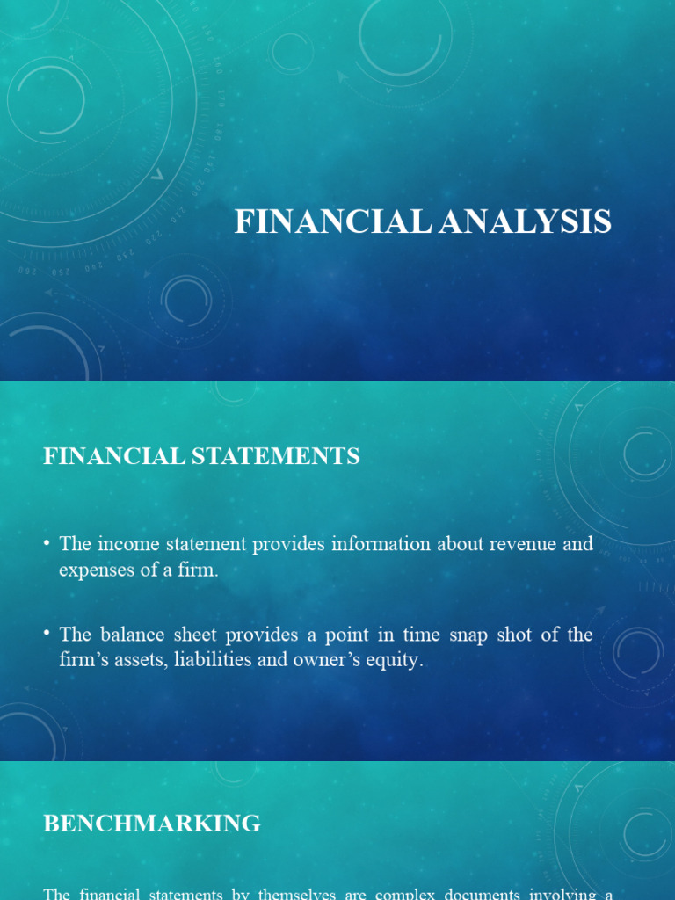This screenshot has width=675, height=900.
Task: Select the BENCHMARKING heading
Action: (152, 824)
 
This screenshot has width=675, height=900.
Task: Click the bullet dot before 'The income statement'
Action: (47, 545)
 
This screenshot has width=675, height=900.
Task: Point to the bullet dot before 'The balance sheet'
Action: (47, 635)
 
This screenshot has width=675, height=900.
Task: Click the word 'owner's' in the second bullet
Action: (330, 660)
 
